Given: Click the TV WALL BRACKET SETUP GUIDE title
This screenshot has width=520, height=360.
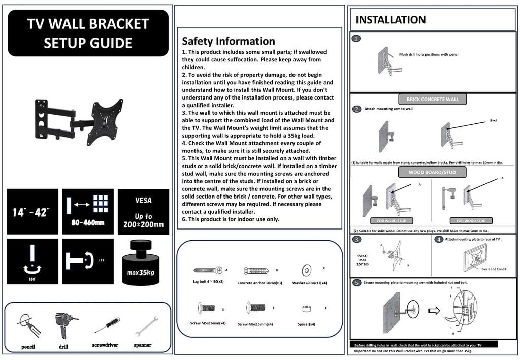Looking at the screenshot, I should coord(88,33).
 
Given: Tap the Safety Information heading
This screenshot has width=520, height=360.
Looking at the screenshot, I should coord(229,41).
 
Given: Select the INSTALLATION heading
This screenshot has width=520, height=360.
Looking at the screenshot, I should coord(391,20).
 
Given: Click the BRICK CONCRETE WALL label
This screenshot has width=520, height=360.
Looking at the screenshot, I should coord(432,99).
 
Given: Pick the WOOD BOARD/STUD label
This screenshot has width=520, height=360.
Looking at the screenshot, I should coord(432,172).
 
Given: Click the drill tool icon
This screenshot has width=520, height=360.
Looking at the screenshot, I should coord(64,326).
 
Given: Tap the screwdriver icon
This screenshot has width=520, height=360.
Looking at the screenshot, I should coord(107,325).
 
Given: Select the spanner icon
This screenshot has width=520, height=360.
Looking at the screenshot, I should coord(146,325).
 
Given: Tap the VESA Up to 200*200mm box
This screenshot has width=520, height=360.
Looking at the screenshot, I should coord(143,212).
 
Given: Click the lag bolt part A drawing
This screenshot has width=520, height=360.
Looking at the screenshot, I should coord(208,270).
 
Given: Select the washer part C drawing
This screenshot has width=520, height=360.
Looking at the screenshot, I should coord(307,269).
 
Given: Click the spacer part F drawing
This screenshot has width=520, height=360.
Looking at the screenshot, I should coord(306,309).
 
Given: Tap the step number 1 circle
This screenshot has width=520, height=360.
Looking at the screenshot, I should coord(357,38).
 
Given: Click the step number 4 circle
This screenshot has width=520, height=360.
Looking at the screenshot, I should coord(439,239).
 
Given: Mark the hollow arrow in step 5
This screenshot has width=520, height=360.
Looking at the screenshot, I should coord(434,311).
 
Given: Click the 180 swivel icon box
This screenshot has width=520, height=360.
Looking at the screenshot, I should coord(32,261).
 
